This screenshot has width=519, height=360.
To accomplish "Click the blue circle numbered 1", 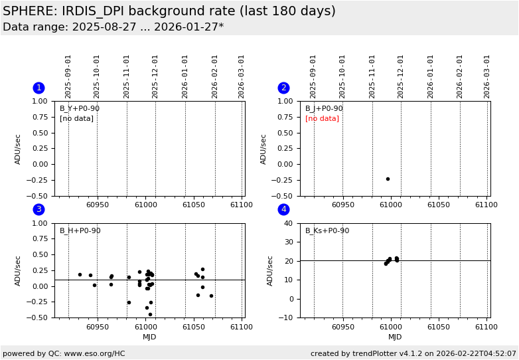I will click(38, 88).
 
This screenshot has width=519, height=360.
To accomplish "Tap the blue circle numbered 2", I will click(283, 88).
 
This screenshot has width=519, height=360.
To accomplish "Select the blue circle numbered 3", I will click(38, 210).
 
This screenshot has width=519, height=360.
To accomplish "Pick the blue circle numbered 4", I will click(283, 210).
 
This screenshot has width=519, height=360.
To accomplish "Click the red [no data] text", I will click(322, 119).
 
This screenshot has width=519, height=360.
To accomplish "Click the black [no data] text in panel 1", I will click(76, 119).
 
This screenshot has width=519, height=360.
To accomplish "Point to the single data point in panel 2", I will click(388, 179).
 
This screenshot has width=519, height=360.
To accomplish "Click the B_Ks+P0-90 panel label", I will click(327, 231).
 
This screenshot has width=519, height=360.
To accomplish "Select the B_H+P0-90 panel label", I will click(80, 231).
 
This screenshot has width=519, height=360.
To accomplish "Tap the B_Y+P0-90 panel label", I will click(80, 109).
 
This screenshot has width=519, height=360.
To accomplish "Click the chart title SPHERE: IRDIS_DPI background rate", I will click(169, 11).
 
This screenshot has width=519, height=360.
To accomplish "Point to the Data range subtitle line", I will click(113, 27).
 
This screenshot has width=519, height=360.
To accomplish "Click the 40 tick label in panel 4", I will click(289, 223).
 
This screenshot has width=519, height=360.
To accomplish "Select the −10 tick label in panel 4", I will click(287, 317).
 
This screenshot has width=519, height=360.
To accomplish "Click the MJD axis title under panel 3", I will click(149, 337).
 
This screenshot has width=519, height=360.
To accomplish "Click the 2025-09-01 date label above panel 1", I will click(68, 76).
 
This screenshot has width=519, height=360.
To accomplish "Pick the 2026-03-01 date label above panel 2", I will click(487, 76).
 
